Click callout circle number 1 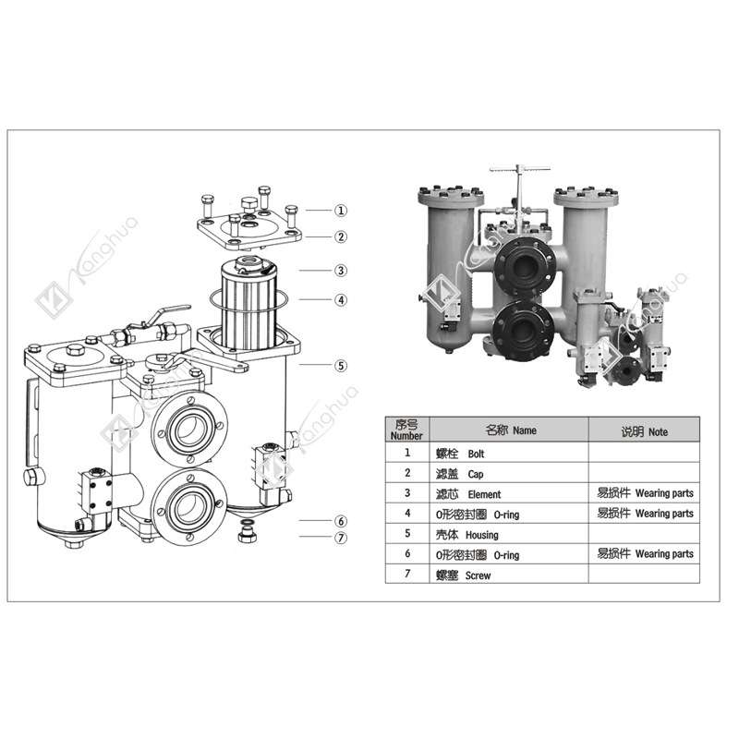pos(341,211)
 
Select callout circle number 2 pos(341,236)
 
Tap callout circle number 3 pos(341,271)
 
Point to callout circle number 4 pos(341,299)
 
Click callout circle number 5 pos(341,365)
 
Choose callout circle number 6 pos(341,521)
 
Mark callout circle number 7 pos(341,537)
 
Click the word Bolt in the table pos(476,454)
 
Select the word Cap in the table pos(476,474)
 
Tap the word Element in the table pos(484,494)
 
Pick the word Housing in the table pos(482,534)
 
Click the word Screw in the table pos(479,575)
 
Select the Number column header pos(406,430)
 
